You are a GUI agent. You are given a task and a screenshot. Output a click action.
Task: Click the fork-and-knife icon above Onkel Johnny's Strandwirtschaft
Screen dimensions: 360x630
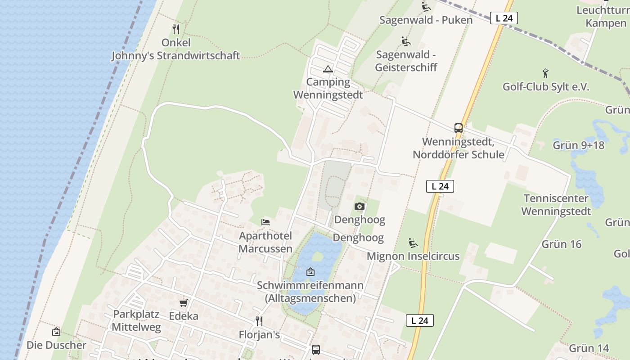click(x=176, y=29)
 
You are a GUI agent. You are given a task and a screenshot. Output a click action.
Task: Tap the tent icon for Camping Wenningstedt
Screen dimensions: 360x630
click(x=328, y=69)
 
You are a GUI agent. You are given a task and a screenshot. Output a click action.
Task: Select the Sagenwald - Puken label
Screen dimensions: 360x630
click(x=426, y=20)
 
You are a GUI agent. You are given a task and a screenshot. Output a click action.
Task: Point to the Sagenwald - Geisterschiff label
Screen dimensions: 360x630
click(x=406, y=61)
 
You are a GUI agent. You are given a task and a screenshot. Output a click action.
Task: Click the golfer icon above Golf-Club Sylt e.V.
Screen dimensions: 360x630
click(x=545, y=73)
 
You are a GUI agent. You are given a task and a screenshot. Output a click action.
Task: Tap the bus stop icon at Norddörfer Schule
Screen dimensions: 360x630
click(x=459, y=128)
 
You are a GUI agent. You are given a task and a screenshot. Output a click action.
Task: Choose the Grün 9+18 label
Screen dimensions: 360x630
click(x=578, y=145)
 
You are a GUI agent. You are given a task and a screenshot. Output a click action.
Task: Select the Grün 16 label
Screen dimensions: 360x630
click(x=561, y=244)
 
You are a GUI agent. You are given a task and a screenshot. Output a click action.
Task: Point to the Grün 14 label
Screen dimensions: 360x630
click(x=589, y=348)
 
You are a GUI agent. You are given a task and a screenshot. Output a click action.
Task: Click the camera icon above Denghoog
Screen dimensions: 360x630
click(x=359, y=207)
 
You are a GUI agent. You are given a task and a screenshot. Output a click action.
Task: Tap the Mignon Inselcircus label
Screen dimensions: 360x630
click(x=413, y=256)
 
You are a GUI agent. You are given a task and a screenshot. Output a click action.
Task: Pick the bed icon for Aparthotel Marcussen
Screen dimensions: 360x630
click(x=265, y=222)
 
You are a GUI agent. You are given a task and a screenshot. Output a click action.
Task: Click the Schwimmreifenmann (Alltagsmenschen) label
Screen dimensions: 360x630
click(x=310, y=292)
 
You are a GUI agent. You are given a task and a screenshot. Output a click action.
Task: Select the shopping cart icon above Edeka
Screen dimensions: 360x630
click(x=183, y=303)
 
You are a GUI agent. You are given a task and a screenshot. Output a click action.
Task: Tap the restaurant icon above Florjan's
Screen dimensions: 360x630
click(x=259, y=321)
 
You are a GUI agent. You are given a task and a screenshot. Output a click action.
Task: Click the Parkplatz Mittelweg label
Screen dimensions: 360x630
click(x=136, y=320)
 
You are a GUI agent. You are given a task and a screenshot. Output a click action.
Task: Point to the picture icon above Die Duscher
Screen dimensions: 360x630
click(x=56, y=332)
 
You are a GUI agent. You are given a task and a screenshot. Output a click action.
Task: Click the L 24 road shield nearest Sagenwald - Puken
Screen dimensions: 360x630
click(x=504, y=18)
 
